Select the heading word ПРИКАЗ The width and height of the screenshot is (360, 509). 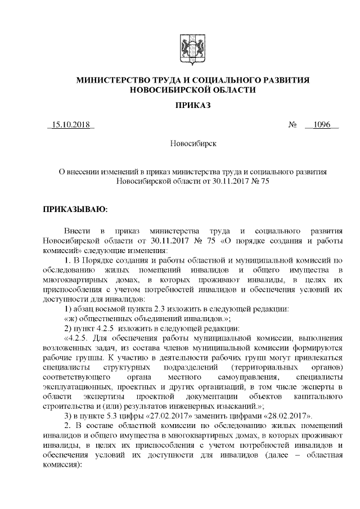(x=192, y=105)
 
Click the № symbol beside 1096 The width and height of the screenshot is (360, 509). (x=292, y=124)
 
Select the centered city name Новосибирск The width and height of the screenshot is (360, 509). (x=193, y=144)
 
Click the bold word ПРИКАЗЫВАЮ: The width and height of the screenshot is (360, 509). (x=75, y=210)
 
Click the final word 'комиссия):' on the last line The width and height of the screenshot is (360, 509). (x=62, y=469)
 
